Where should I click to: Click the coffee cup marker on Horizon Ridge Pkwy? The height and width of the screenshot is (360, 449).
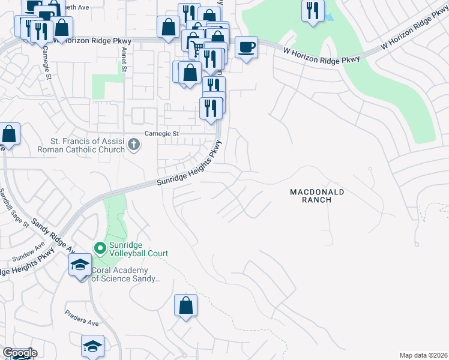[246, 47]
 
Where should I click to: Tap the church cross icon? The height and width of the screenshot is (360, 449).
[133, 145]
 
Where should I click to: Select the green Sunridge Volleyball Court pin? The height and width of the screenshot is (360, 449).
[99, 247]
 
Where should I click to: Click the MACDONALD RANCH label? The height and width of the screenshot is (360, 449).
[317, 196]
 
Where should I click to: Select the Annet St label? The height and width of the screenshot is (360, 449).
[124, 56]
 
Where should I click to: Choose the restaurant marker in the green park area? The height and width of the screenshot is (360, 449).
[313, 11]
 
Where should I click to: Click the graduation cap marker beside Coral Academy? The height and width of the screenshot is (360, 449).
[80, 265]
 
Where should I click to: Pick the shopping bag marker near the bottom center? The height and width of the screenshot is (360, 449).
[186, 305]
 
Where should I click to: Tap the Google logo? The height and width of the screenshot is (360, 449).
[19, 353]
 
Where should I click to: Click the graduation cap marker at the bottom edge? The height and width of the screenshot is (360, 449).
[92, 346]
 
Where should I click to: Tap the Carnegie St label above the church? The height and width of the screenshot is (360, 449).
[162, 133]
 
